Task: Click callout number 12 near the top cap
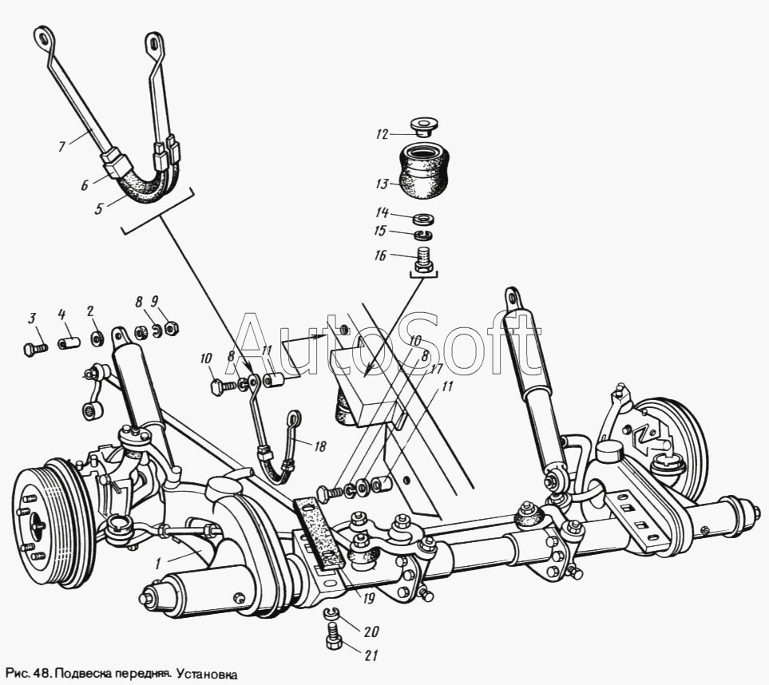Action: [x=383, y=133]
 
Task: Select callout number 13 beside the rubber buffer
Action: [x=383, y=184]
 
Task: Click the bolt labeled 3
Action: [x=31, y=348]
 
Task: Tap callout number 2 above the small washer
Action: [x=90, y=311]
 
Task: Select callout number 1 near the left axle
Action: [x=159, y=563]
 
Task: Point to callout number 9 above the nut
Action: [x=154, y=301]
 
